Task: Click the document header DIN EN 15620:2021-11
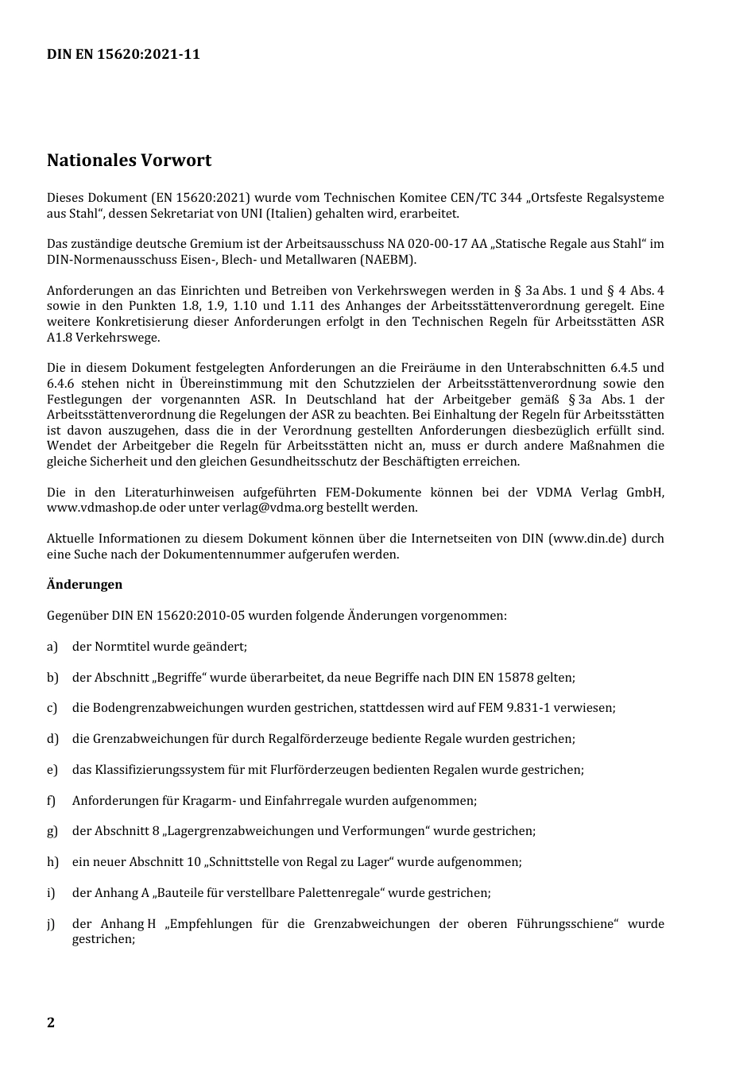click(x=123, y=55)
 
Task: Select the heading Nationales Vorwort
click(x=129, y=160)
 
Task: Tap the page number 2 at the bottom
click(x=51, y=1023)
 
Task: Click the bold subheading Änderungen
click(x=84, y=585)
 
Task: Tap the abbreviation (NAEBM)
click(x=389, y=260)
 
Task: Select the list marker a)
click(x=52, y=647)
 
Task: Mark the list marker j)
click(x=52, y=924)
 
